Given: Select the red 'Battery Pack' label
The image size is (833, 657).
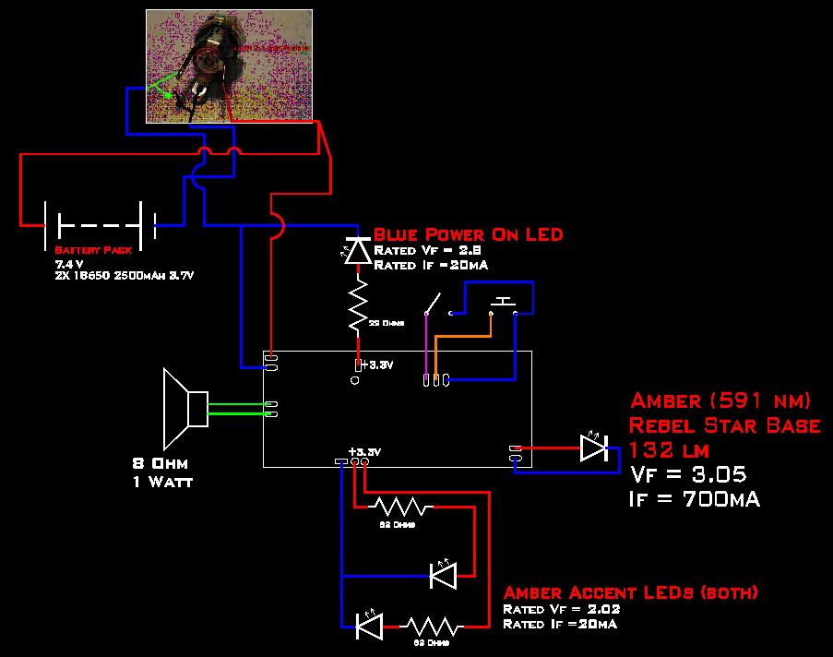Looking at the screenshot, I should click(x=93, y=251).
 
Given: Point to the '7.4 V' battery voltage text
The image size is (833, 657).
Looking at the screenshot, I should click(x=69, y=264).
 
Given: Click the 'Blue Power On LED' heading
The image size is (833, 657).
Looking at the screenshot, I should click(x=467, y=235).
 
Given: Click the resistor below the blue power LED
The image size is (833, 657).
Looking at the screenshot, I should click(x=357, y=306).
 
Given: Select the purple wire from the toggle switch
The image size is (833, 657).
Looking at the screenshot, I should click(x=425, y=346).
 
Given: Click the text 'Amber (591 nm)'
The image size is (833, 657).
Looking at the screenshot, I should click(x=720, y=401).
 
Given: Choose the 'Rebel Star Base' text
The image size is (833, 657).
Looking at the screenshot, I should click(x=724, y=425).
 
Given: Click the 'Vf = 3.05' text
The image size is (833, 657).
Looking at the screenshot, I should click(x=687, y=474).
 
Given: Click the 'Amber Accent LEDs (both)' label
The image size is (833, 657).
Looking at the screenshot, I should click(x=631, y=592).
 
